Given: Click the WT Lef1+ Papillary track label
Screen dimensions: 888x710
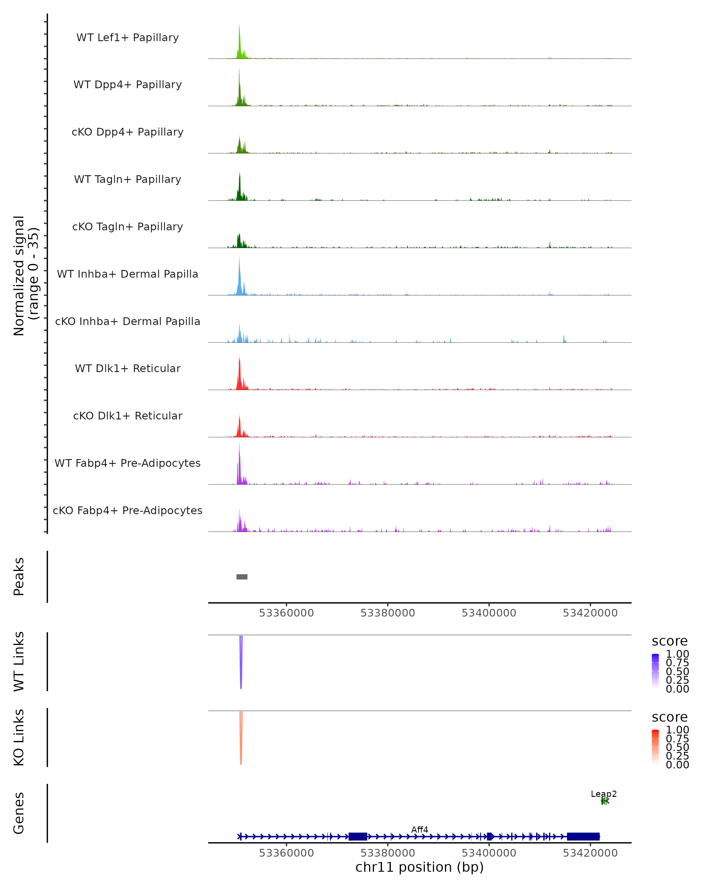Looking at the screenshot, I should coord(128,38).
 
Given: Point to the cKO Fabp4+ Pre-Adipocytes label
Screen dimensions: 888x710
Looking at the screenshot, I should coord(128,510).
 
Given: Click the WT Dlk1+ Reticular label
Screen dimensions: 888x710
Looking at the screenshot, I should coord(128,368).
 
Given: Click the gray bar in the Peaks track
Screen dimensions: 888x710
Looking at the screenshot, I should coord(242,577).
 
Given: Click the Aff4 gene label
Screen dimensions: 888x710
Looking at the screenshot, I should coord(419,829).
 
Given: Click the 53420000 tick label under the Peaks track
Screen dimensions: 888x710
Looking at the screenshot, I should coord(590,613).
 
